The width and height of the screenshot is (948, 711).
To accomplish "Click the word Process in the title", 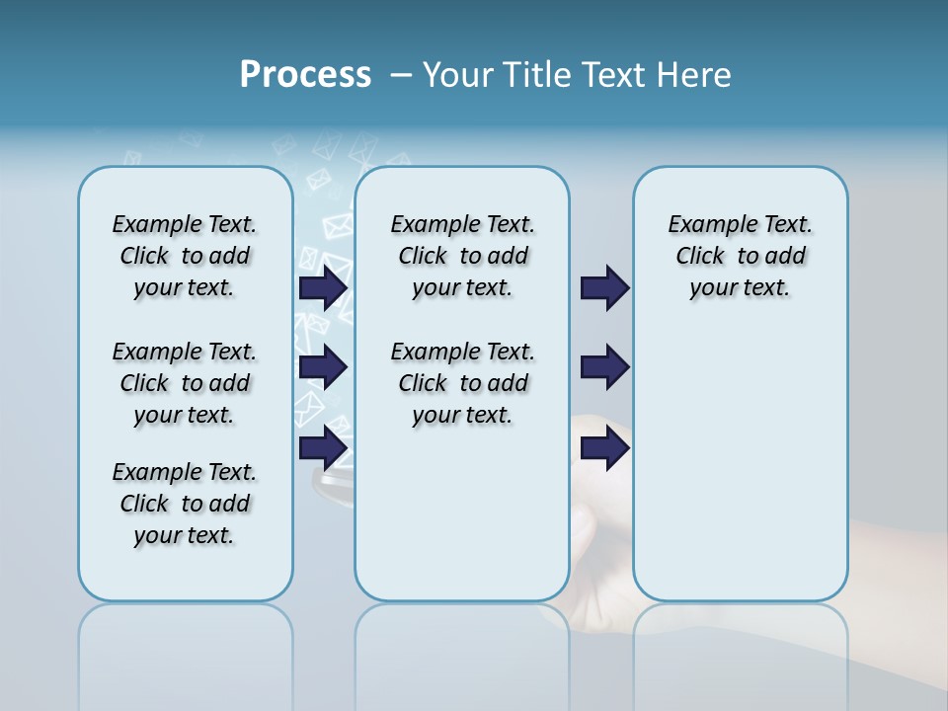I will point(305,75).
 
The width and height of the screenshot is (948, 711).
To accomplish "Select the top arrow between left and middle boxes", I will point(323,288).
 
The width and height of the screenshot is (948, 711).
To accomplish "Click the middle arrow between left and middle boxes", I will point(323,368).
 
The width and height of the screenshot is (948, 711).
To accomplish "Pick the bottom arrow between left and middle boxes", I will point(323,448).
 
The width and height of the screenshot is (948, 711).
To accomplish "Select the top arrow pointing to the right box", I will point(604,288).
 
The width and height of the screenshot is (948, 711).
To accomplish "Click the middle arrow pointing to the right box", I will point(604,368).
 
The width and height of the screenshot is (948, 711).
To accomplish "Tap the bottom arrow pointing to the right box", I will point(604,448).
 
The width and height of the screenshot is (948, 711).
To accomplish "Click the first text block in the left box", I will point(185,256).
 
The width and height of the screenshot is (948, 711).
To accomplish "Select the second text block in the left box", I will point(185,383).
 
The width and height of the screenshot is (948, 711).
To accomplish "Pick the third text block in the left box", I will point(185,504).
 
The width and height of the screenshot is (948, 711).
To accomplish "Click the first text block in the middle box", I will point(462,256).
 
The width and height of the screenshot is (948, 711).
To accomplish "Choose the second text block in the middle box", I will point(462,383).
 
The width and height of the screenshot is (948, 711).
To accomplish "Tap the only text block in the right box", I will point(740,256).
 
